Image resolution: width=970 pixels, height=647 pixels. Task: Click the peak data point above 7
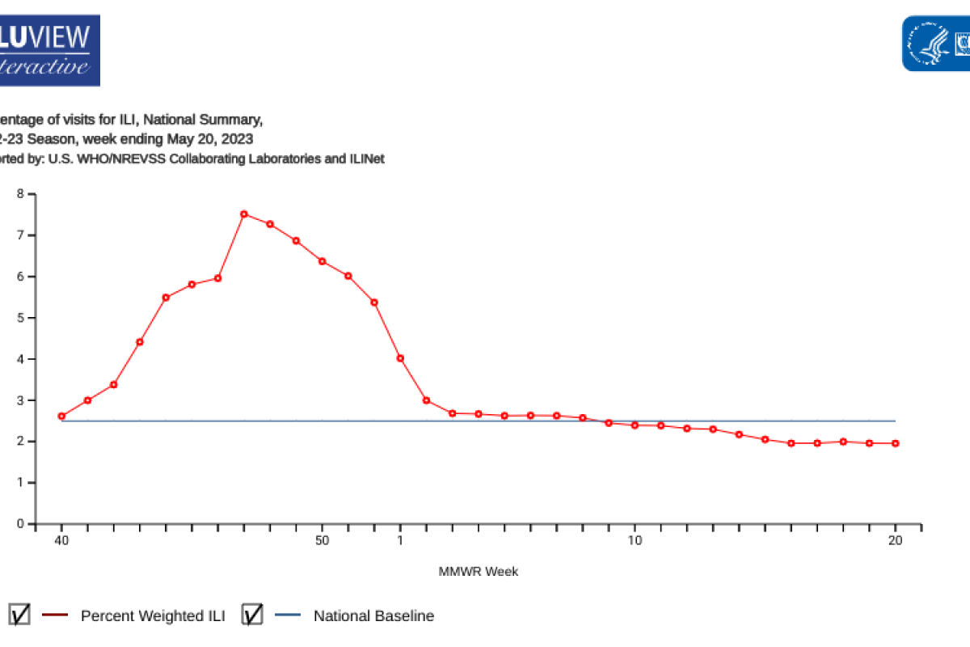coord(244,214)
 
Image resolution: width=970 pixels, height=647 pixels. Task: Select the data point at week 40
coord(61,417)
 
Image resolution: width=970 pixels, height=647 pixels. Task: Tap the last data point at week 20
coord(896,443)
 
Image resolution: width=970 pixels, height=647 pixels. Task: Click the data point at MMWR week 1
coord(400,358)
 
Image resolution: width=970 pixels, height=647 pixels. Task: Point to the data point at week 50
coord(322,261)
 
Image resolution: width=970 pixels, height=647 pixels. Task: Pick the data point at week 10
coord(635,425)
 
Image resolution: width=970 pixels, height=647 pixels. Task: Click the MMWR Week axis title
coord(479,572)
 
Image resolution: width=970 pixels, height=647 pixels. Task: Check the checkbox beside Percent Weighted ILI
coord(20,615)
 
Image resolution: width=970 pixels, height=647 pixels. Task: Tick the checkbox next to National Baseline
coord(252,615)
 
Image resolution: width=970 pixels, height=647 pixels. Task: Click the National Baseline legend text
coord(373,615)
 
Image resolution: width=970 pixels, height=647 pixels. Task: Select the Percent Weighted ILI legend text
coord(153,615)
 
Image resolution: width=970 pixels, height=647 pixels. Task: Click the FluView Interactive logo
coord(48,50)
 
